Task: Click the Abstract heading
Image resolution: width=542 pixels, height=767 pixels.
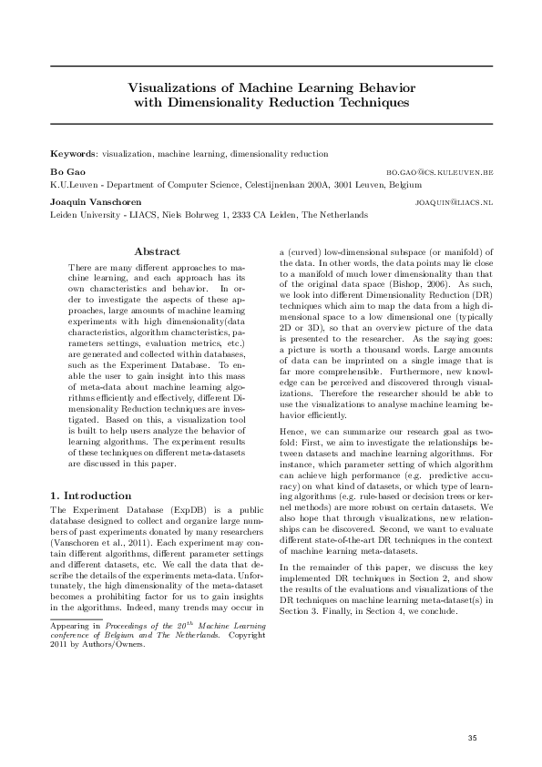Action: tap(157, 251)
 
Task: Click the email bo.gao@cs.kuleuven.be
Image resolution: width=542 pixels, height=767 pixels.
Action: tap(440, 171)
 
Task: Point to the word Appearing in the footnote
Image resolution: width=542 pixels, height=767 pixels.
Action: tap(66, 627)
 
